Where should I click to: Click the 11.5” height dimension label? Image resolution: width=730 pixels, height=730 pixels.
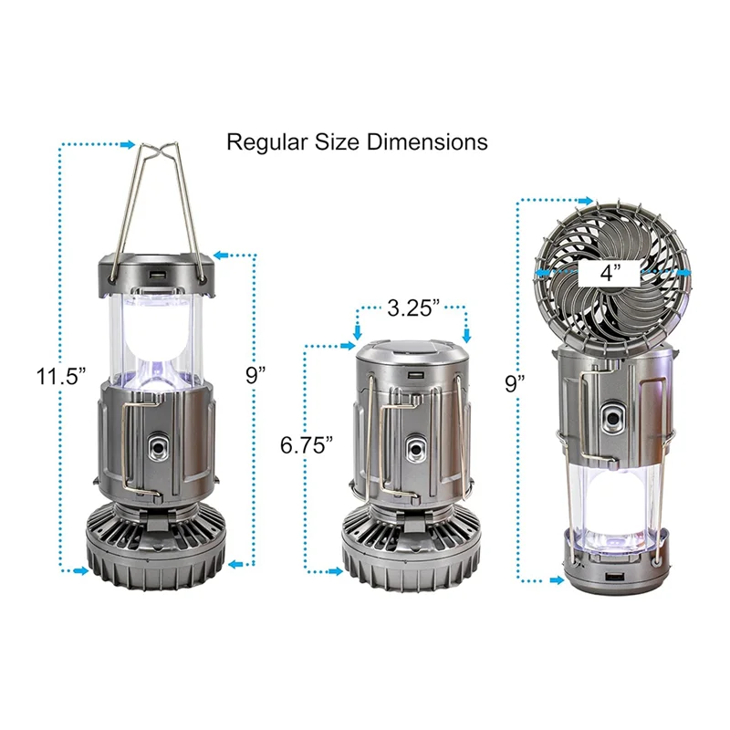point(61,376)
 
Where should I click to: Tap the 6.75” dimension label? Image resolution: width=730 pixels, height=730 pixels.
point(307,445)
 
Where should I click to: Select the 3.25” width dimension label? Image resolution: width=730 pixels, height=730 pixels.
point(413,308)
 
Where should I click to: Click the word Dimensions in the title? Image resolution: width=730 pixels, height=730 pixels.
point(427,141)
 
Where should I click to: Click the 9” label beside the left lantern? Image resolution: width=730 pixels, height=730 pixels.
point(255,375)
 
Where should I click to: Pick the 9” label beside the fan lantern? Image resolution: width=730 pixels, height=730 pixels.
point(515,383)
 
